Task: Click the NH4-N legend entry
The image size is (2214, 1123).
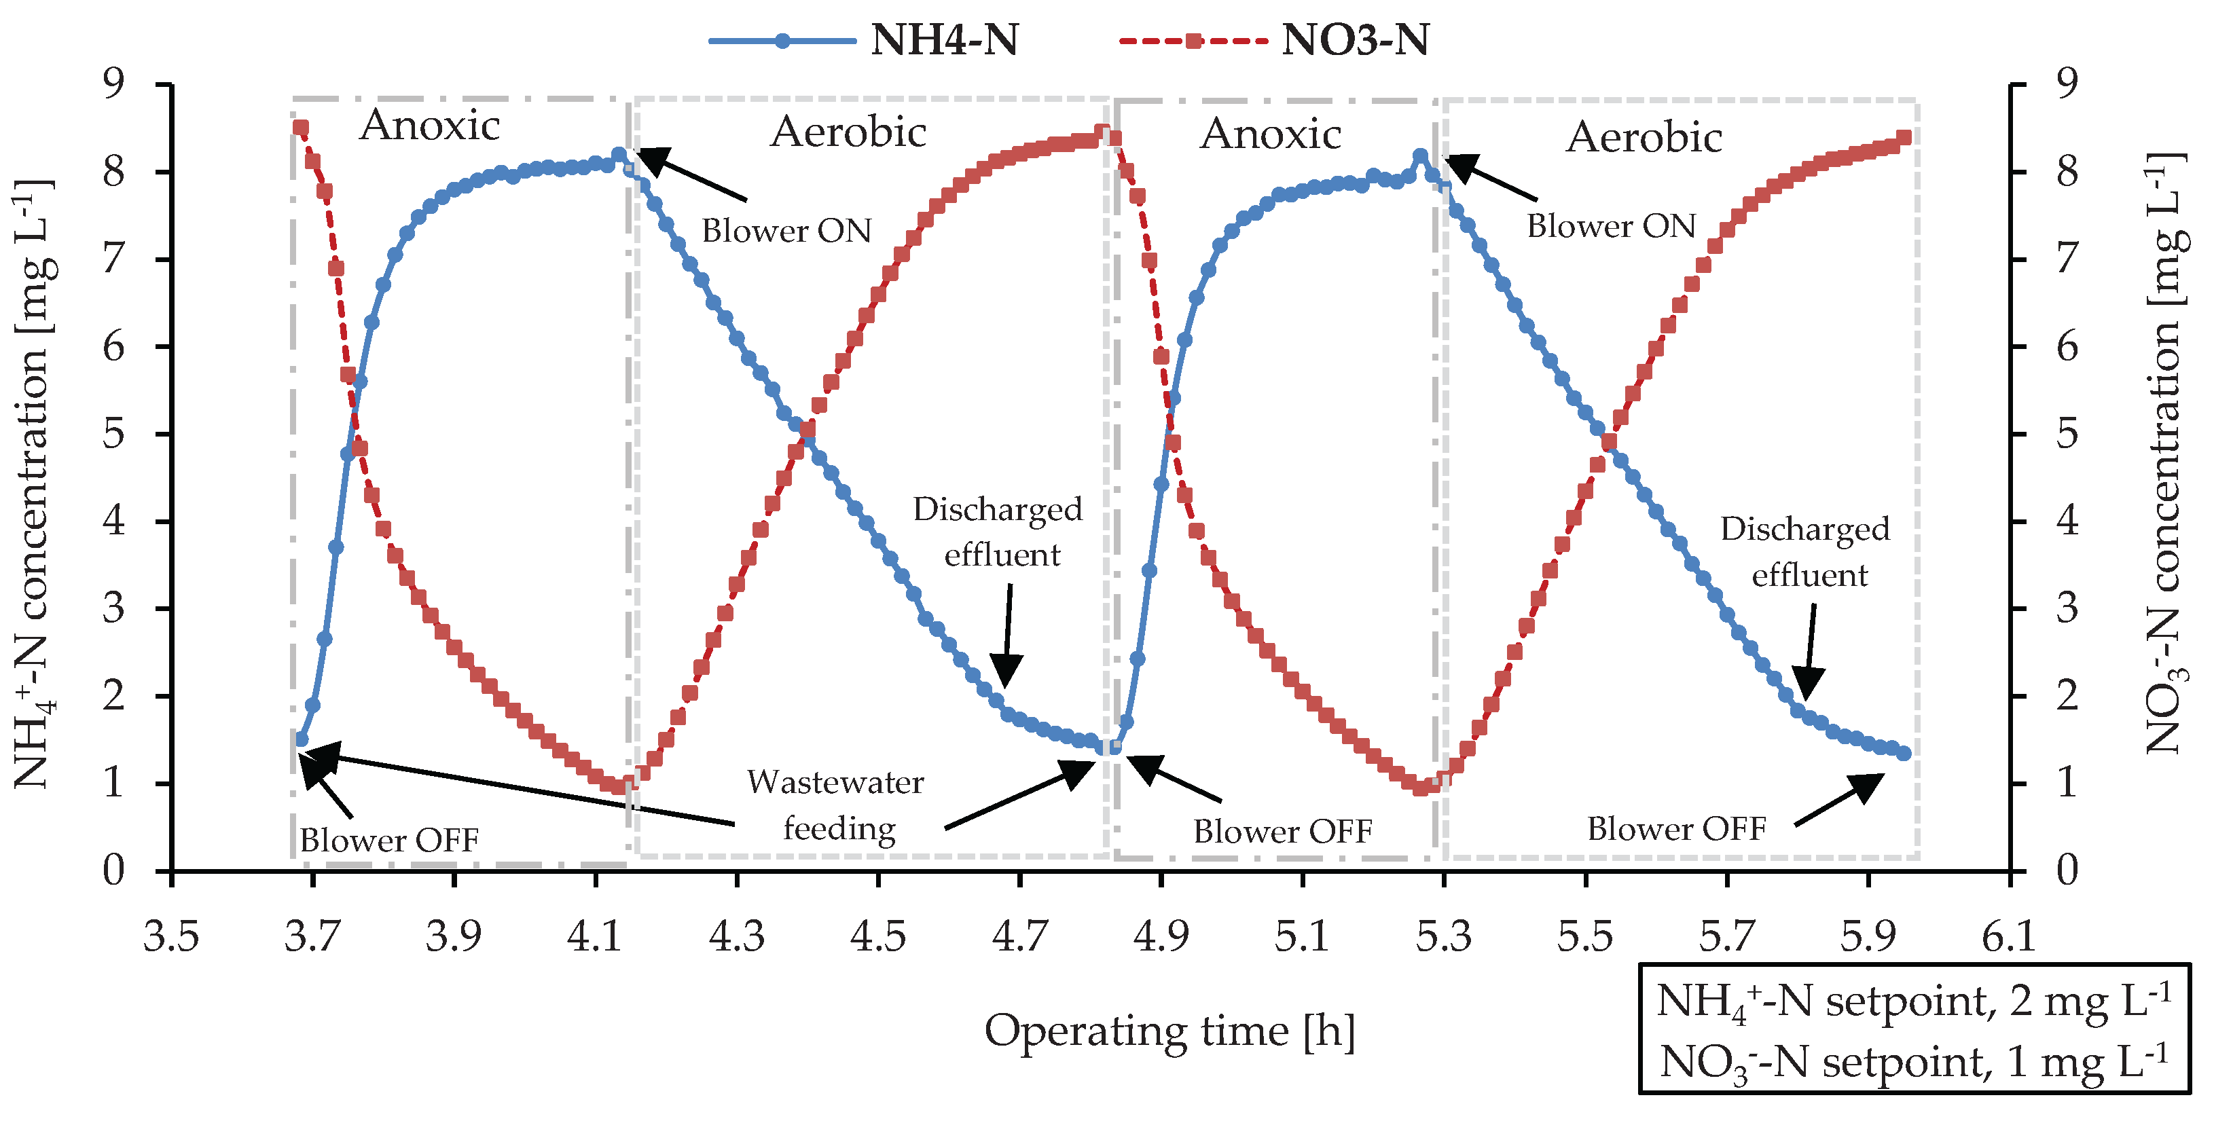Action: (864, 40)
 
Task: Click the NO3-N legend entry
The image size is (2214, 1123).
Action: (1275, 40)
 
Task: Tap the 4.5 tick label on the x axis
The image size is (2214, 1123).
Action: (877, 936)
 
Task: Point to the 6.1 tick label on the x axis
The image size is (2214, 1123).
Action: (2009, 936)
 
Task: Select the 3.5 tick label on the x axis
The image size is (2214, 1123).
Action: (172, 936)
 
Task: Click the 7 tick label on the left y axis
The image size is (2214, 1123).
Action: (113, 259)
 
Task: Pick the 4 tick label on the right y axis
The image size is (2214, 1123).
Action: (2067, 521)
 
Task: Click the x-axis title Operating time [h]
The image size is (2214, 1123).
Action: (1169, 1031)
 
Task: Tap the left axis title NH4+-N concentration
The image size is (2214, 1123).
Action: (35, 485)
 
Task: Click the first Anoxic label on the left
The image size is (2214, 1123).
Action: (430, 126)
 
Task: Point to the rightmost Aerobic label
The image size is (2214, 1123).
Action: (1644, 137)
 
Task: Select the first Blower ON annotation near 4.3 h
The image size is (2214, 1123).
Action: (786, 230)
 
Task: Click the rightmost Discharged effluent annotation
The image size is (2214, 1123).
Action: (1806, 551)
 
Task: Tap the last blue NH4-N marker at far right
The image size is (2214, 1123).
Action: (1904, 754)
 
